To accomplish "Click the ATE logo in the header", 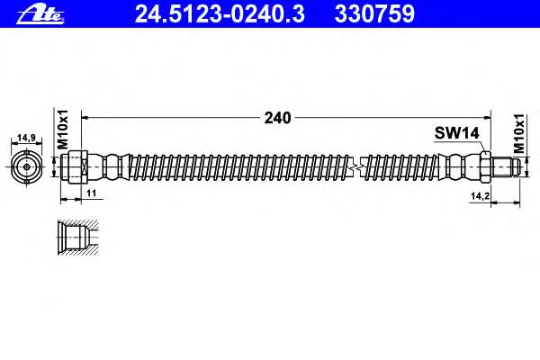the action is [40, 14].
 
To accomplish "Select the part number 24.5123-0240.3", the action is [220, 14].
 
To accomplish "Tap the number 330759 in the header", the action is [374, 14].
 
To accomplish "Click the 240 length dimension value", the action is [277, 118].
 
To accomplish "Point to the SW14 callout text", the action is [456, 132].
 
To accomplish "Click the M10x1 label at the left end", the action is [63, 130].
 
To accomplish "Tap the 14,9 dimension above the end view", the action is [26, 138].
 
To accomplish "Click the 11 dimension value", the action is [91, 193].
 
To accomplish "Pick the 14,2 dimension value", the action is [480, 196].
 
